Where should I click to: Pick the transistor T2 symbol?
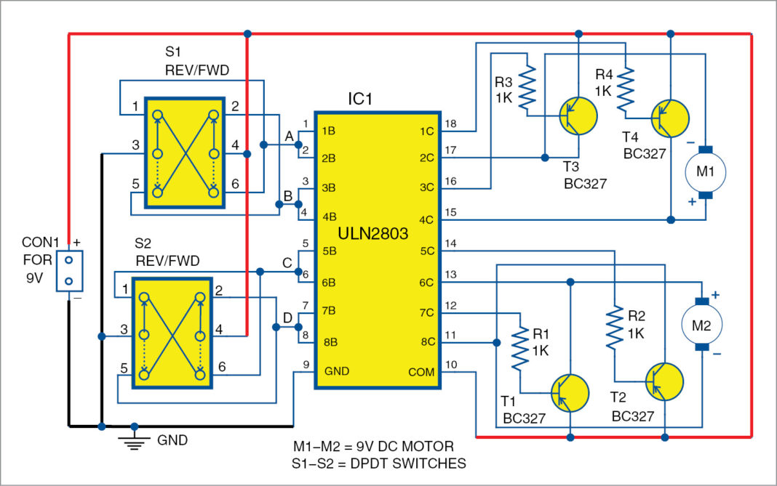(664, 381)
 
